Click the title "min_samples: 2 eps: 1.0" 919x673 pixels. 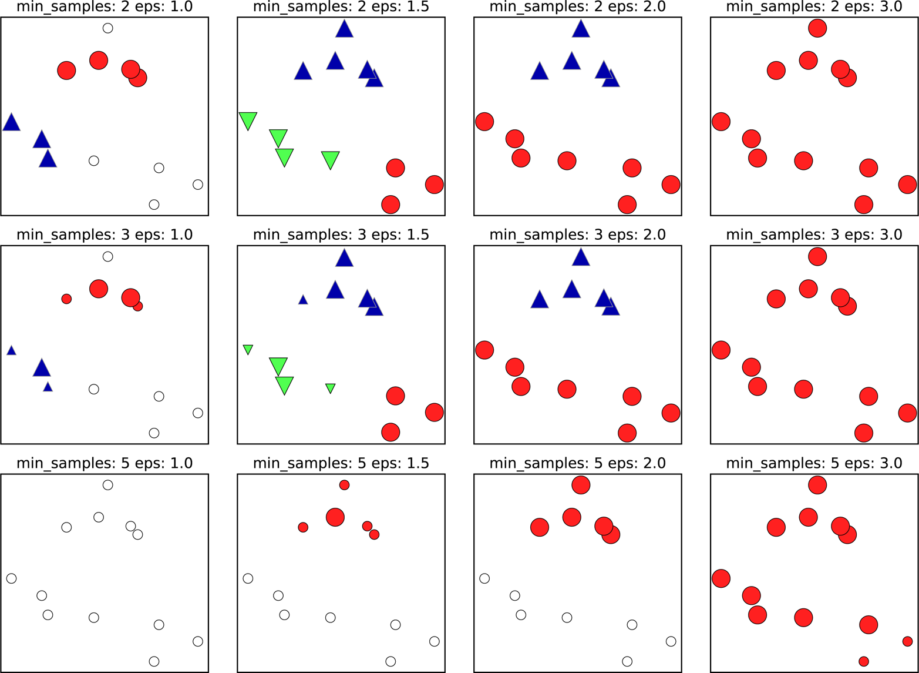click(105, 7)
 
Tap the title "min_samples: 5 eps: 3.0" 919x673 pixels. click(814, 463)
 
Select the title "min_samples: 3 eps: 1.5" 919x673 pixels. click(341, 235)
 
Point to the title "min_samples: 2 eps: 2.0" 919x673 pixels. click(578, 7)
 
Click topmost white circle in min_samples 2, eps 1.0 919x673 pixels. click(107, 28)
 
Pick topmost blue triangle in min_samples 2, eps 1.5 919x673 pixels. click(344, 29)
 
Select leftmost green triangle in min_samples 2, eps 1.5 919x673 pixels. click(248, 120)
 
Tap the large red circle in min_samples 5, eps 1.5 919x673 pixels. click(335, 517)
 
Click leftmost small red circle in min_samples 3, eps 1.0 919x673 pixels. click(66, 299)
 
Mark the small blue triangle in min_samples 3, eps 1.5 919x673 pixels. click(303, 300)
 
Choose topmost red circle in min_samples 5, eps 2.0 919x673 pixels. click(581, 485)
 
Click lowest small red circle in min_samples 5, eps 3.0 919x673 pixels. click(863, 661)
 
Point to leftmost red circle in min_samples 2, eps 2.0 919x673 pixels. click(484, 122)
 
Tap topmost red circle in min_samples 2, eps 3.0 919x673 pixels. click(817, 28)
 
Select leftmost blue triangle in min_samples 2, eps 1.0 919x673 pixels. click(11, 123)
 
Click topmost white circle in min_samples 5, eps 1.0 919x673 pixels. click(107, 485)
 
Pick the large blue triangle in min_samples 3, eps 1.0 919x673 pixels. click(41, 368)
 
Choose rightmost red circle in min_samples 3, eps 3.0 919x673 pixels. click(907, 413)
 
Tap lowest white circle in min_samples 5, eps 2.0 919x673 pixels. click(627, 661)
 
